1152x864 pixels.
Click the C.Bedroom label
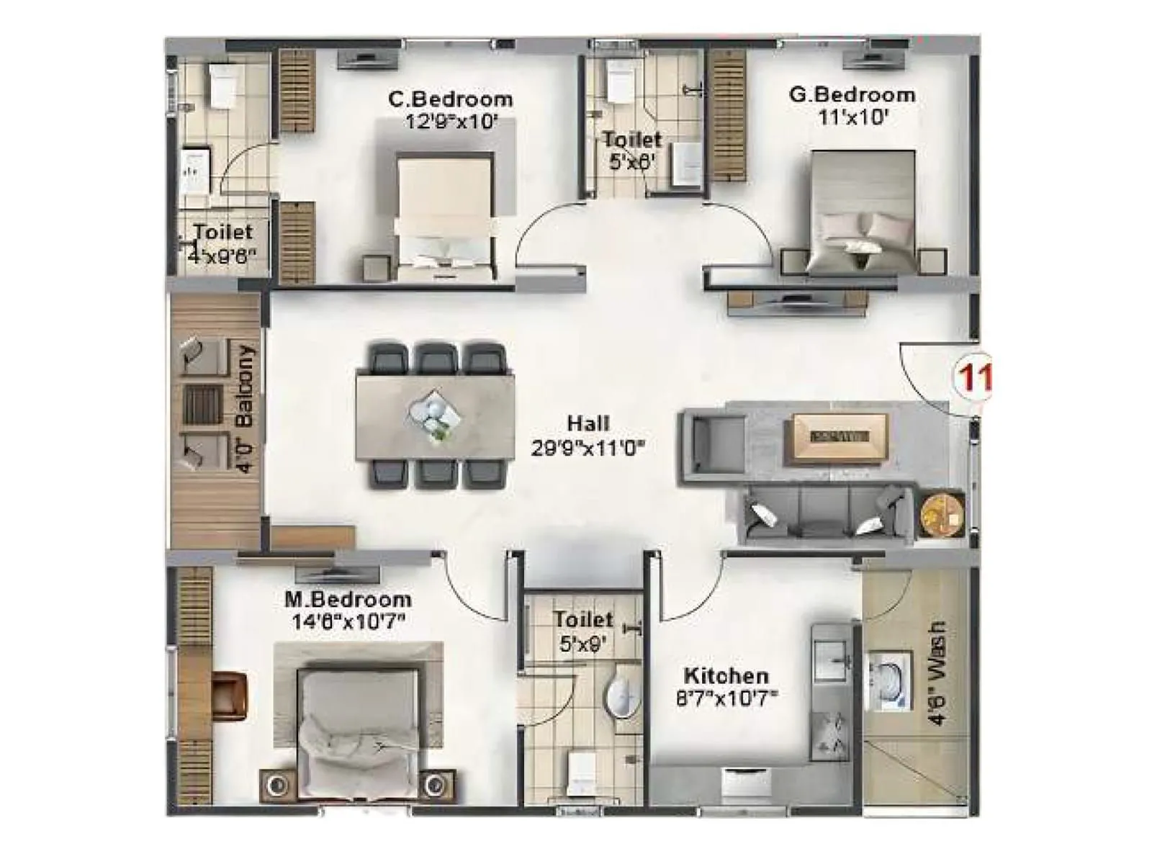click(x=451, y=99)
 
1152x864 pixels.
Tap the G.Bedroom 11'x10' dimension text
click(x=852, y=117)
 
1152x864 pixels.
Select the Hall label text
click(x=588, y=423)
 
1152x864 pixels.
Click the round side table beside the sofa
click(x=942, y=513)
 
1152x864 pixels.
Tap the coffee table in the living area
click(x=840, y=436)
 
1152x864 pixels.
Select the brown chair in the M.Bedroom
click(x=230, y=695)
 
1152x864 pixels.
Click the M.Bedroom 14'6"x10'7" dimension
click(x=347, y=621)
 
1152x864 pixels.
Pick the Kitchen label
click(x=726, y=675)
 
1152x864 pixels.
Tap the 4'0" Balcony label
click(x=246, y=408)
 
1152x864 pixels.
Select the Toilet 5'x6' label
click(x=631, y=150)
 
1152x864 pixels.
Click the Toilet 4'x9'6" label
click(x=222, y=243)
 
